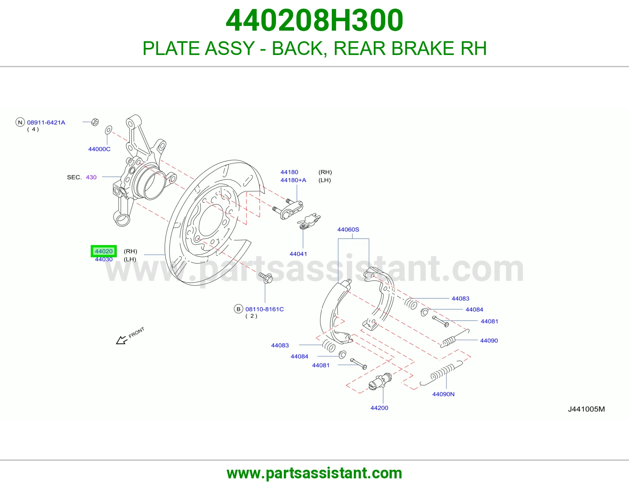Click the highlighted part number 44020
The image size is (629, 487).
tap(104, 251)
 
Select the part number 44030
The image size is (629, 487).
tap(104, 259)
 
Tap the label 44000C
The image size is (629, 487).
tap(99, 149)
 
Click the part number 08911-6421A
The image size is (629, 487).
tap(46, 123)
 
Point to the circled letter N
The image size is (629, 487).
tap(20, 122)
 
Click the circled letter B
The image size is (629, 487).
tap(238, 309)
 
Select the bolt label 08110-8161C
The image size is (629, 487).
tap(265, 309)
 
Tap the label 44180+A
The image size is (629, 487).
tap(293, 180)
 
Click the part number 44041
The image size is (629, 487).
tap(298, 254)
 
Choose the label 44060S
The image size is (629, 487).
tap(348, 230)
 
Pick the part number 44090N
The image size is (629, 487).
tap(443, 394)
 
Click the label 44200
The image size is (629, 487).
tap(379, 408)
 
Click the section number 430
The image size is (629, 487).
tap(91, 177)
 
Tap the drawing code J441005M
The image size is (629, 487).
tap(587, 409)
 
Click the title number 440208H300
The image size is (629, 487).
tap(314, 20)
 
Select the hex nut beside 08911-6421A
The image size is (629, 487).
tap(95, 122)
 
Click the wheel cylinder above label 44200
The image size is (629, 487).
tap(380, 381)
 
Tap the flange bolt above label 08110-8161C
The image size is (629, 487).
tap(266, 278)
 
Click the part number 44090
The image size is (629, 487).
tap(489, 341)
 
